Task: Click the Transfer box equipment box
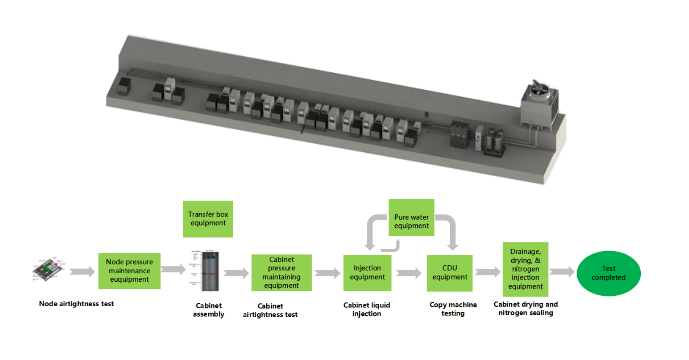coord(208,219)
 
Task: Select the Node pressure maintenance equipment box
coord(129,271)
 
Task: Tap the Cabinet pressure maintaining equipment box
coord(281,272)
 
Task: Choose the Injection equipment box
coord(367,272)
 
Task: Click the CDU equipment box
coord(449,272)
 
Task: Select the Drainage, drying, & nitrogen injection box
coord(525,269)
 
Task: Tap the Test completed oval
coord(608,273)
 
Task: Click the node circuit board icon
coord(49,269)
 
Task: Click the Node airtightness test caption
coord(76,304)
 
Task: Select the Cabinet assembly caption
coord(209,310)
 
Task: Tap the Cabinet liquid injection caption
coord(367,309)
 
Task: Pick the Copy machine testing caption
coord(453,309)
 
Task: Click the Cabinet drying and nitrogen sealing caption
coord(526,308)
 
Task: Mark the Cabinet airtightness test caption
coord(270,310)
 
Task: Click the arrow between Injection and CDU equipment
coord(408,273)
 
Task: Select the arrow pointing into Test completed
coord(562,272)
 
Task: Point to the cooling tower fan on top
coord(540,89)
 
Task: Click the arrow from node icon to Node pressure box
coord(82,272)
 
